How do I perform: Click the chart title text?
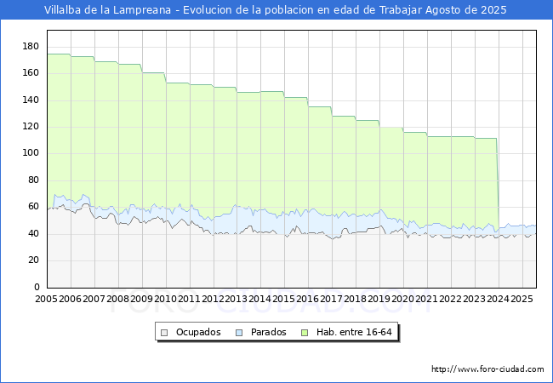pyautogui.click(x=276, y=10)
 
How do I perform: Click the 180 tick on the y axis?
pyautogui.click(x=31, y=46)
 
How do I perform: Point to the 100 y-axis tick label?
pyautogui.click(x=31, y=153)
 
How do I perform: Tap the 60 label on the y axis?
pyautogui.click(x=33, y=207)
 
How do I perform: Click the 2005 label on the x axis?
pyautogui.click(x=47, y=300)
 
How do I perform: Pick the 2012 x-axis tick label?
pyautogui.click(x=213, y=300)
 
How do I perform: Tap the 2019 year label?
pyautogui.click(x=379, y=300)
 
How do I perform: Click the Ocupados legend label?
pyautogui.click(x=198, y=332)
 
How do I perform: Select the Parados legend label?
pyautogui.click(x=269, y=332)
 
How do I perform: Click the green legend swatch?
pyautogui.click(x=311, y=332)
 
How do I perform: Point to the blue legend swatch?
pyautogui.click(x=240, y=332)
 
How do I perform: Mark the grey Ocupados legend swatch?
pyautogui.click(x=165, y=332)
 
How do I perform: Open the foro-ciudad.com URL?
pyautogui.click(x=487, y=369)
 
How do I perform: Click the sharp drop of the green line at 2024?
pyautogui.click(x=498, y=183)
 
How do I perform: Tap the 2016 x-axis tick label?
pyautogui.click(x=307, y=300)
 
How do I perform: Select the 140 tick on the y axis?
pyautogui.click(x=31, y=100)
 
